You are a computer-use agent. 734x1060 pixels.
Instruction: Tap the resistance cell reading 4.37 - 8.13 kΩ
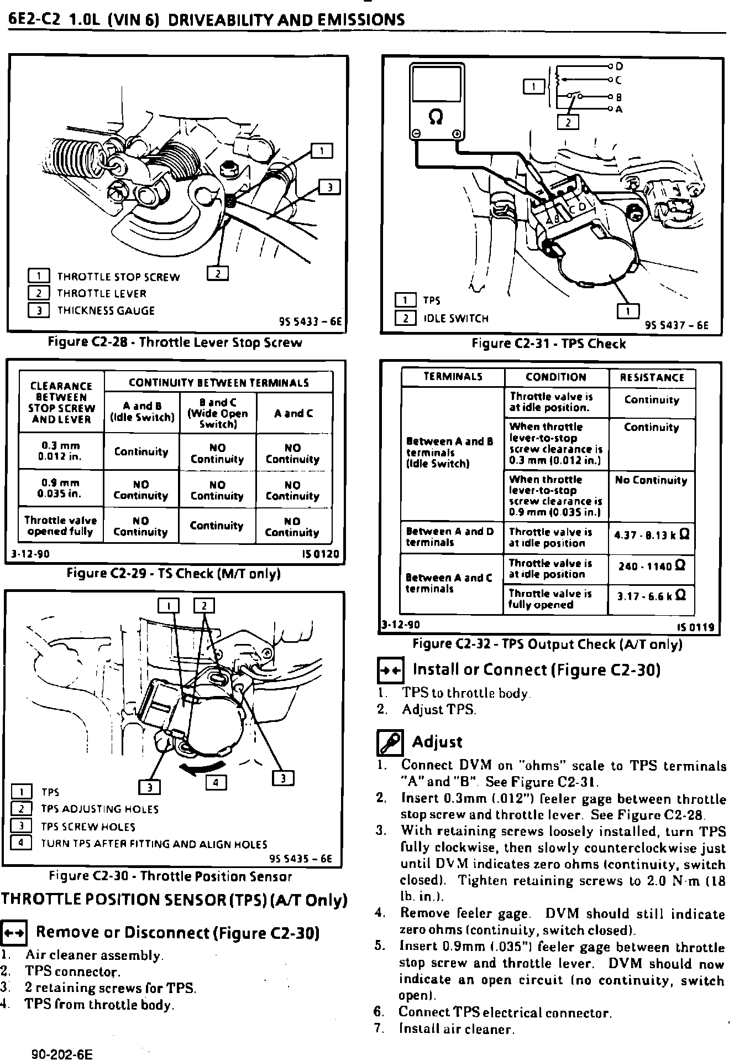coord(652,536)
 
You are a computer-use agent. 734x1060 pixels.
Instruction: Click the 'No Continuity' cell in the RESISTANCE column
coord(651,480)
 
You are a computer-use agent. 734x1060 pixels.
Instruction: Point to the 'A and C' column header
coord(293,413)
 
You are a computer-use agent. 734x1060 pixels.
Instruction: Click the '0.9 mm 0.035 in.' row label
coord(61,489)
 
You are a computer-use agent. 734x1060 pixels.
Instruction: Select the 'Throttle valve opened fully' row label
coord(61,526)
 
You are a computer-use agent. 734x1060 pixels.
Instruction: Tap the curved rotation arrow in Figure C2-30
coord(204,766)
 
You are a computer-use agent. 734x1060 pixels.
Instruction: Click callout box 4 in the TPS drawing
coord(216,782)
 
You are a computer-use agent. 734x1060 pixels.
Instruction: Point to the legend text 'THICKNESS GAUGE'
coord(106,311)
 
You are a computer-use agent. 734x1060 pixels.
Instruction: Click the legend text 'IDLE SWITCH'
coord(456,318)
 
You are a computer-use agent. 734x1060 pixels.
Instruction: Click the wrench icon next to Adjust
coord(390,743)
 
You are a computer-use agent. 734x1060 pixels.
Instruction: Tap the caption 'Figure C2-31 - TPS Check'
coord(548,344)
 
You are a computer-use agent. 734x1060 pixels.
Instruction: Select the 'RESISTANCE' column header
coord(652,378)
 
